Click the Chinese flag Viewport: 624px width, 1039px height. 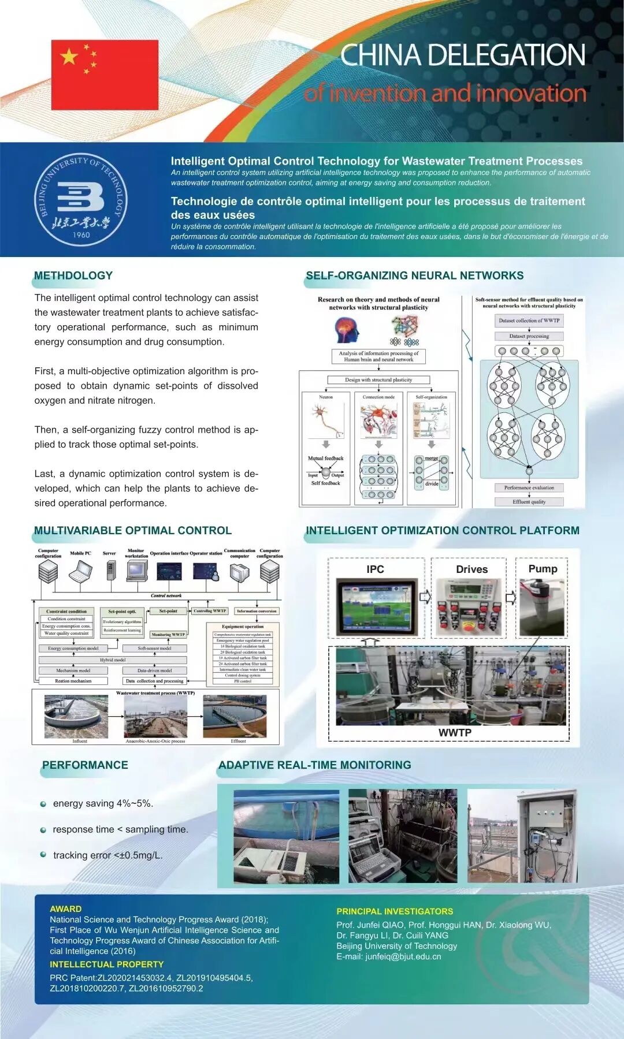click(105, 75)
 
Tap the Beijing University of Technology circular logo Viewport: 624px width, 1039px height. click(80, 200)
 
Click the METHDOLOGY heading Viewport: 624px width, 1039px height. click(73, 275)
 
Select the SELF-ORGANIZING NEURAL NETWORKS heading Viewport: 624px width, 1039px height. click(414, 275)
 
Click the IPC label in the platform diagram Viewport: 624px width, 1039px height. click(375, 569)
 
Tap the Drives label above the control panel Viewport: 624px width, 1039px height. click(471, 569)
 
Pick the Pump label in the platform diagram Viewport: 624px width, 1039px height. click(543, 568)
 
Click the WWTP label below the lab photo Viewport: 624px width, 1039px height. click(455, 732)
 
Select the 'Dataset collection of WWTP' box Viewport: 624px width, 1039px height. click(529, 321)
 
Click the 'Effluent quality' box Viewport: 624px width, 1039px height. click(529, 502)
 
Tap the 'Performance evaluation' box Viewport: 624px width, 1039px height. click(529, 487)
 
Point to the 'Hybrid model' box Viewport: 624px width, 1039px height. click(113, 660)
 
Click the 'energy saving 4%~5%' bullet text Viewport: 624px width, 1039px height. click(103, 803)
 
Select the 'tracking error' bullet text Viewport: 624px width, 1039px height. click(107, 855)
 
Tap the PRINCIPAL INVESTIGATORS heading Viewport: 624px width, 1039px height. click(395, 911)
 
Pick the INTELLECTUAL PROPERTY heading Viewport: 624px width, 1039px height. click(106, 964)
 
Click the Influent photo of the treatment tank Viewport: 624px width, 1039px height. click(76, 716)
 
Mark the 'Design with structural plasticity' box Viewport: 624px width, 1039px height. click(378, 379)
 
